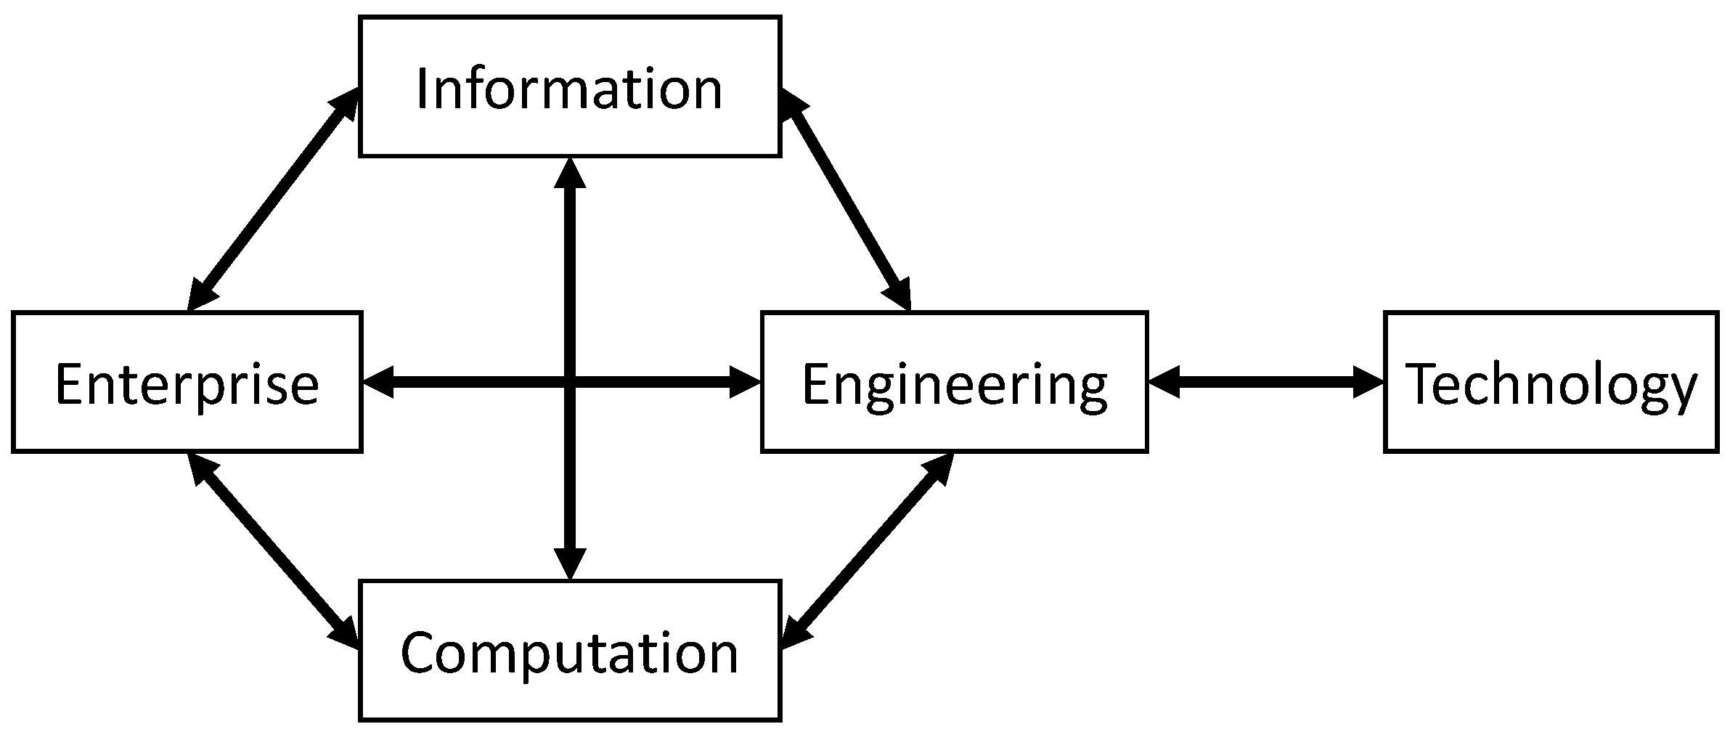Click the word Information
point(569,89)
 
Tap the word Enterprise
point(187,384)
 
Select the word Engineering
point(954,384)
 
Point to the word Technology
point(1551,384)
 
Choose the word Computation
point(569,653)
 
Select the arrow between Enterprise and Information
point(272,200)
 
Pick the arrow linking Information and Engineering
point(845,200)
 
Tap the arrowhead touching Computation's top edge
point(570,564)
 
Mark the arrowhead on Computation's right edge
point(794,632)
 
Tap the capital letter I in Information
point(422,89)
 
